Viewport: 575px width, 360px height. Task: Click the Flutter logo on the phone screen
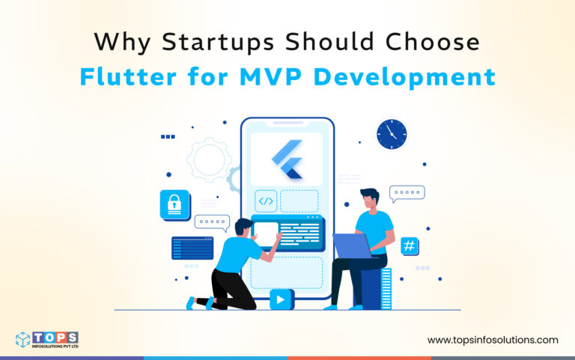pyautogui.click(x=287, y=159)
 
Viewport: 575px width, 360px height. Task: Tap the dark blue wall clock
pyautogui.click(x=392, y=134)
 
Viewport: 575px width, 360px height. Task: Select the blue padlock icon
pyautogui.click(x=174, y=204)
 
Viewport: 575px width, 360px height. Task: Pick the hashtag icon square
pyautogui.click(x=410, y=245)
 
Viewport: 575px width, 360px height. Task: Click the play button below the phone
pyautogui.click(x=281, y=299)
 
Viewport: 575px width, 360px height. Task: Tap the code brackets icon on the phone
pyautogui.click(x=266, y=201)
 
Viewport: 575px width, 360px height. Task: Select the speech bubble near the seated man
pyautogui.click(x=407, y=195)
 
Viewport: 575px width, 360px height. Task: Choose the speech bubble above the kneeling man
pyautogui.click(x=212, y=222)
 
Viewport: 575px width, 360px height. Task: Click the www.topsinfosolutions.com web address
pyautogui.click(x=493, y=340)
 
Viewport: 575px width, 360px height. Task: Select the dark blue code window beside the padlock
pyautogui.click(x=192, y=248)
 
